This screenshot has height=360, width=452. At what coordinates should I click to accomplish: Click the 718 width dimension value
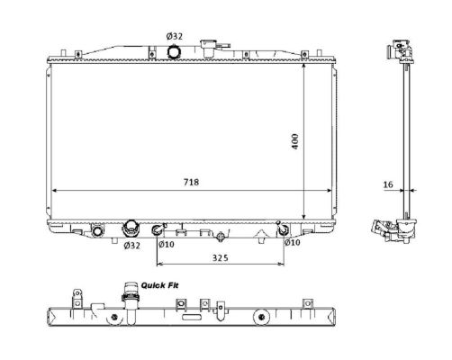[x=191, y=182]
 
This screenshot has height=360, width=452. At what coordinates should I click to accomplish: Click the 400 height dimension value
[x=295, y=141]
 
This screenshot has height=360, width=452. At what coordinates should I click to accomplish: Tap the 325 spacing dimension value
[x=221, y=257]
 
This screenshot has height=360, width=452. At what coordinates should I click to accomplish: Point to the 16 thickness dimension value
[x=388, y=184]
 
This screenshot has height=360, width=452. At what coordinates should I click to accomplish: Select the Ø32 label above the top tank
[x=175, y=36]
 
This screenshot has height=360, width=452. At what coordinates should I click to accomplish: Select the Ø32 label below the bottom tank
[x=131, y=246]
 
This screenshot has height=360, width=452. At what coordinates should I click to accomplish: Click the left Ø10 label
[x=167, y=245]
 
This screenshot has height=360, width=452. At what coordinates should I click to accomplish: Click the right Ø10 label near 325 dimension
[x=293, y=242]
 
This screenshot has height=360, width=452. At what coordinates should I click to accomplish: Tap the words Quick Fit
[x=159, y=285]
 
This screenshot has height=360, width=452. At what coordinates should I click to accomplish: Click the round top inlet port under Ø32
[x=174, y=52]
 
